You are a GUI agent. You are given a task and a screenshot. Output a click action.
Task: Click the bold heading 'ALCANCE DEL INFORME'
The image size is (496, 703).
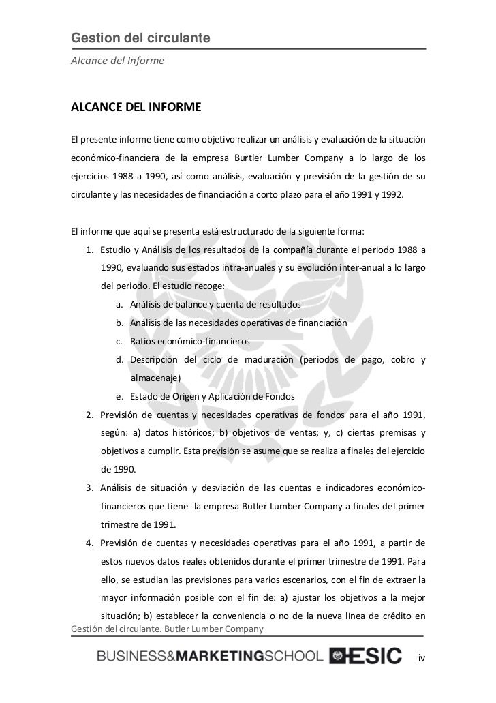[x=136, y=108]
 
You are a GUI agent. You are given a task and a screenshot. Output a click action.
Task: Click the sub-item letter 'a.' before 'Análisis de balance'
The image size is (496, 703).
[x=120, y=303]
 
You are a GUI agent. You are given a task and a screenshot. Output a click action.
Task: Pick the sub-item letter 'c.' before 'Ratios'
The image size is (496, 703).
[x=120, y=340]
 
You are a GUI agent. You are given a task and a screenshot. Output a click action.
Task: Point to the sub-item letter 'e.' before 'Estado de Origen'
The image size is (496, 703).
[x=120, y=396]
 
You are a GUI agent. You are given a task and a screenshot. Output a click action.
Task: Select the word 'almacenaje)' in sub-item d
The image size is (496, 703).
[x=155, y=377]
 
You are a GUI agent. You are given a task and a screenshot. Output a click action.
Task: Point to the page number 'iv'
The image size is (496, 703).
[x=422, y=658]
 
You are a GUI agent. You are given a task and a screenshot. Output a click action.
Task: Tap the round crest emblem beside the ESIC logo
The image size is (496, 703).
[x=338, y=656]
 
